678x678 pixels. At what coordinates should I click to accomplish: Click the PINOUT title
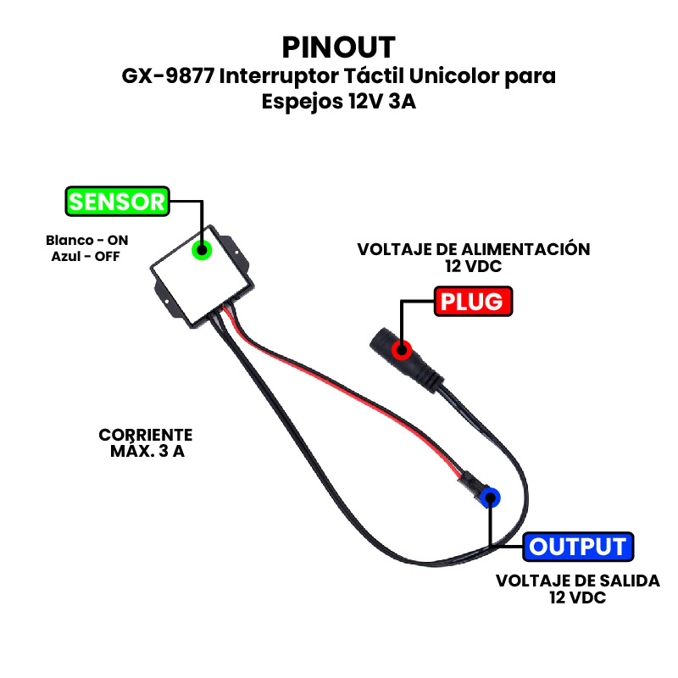click(338, 46)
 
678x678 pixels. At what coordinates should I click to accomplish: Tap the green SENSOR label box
click(117, 202)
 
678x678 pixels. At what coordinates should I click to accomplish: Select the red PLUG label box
click(473, 301)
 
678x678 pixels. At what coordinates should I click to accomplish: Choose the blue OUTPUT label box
click(577, 547)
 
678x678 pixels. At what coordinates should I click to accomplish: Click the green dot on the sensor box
click(202, 249)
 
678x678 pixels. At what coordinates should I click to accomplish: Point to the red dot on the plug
click(403, 347)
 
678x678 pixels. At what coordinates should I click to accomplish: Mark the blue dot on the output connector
click(489, 498)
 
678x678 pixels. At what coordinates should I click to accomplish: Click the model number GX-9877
click(168, 76)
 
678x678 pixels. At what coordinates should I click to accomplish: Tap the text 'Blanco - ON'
click(86, 240)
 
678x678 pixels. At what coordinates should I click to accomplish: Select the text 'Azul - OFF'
click(86, 256)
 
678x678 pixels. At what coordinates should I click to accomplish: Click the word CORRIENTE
click(146, 435)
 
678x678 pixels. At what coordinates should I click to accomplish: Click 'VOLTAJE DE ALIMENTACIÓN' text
click(473, 249)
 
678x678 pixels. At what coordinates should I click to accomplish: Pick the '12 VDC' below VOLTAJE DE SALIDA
click(577, 597)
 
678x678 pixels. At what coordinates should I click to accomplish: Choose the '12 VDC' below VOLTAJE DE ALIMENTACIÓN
click(473, 265)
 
